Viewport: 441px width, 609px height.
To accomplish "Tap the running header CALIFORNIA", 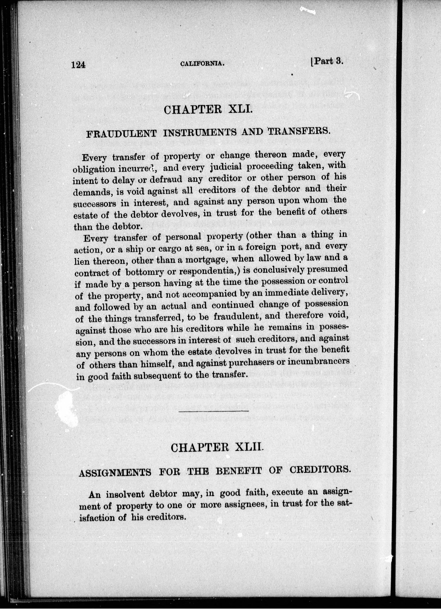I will coord(202,64).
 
